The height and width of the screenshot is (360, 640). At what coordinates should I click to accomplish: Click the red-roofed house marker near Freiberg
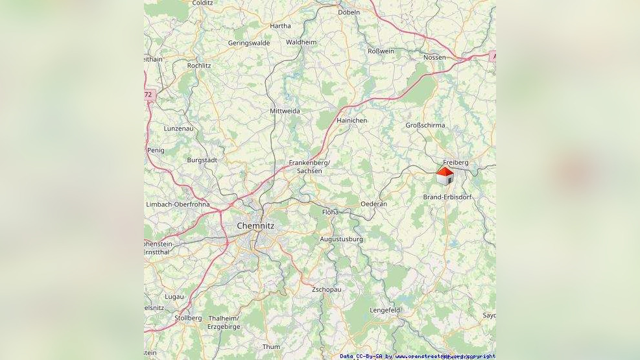[444, 175]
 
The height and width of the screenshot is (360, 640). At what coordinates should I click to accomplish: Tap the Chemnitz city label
[255, 226]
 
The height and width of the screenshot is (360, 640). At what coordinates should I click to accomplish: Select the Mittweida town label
[285, 111]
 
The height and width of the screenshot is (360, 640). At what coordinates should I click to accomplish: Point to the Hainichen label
[352, 121]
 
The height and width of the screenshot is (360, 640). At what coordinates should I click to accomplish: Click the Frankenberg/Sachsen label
[309, 167]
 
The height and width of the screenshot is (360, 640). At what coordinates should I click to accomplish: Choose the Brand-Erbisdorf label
[447, 197]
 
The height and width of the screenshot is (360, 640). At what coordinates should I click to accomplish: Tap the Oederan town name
[373, 204]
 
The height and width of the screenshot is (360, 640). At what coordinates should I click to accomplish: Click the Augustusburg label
[342, 239]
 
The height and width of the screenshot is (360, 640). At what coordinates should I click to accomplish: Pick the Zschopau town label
[326, 289]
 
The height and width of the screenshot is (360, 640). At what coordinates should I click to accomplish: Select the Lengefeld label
[385, 310]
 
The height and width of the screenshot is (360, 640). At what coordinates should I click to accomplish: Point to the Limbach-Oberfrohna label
[178, 204]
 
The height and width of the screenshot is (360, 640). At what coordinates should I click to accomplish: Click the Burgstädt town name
[202, 160]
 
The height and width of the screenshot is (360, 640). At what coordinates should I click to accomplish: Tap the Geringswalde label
[249, 43]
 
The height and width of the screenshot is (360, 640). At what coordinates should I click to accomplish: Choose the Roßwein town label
[381, 51]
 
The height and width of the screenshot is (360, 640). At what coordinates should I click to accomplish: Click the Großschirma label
[425, 125]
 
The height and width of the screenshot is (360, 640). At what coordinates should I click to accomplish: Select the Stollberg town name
[188, 318]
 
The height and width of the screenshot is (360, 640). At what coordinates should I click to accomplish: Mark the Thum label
[271, 347]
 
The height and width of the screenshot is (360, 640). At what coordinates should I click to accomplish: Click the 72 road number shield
[148, 95]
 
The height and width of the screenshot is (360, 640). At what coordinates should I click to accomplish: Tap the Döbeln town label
[349, 12]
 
